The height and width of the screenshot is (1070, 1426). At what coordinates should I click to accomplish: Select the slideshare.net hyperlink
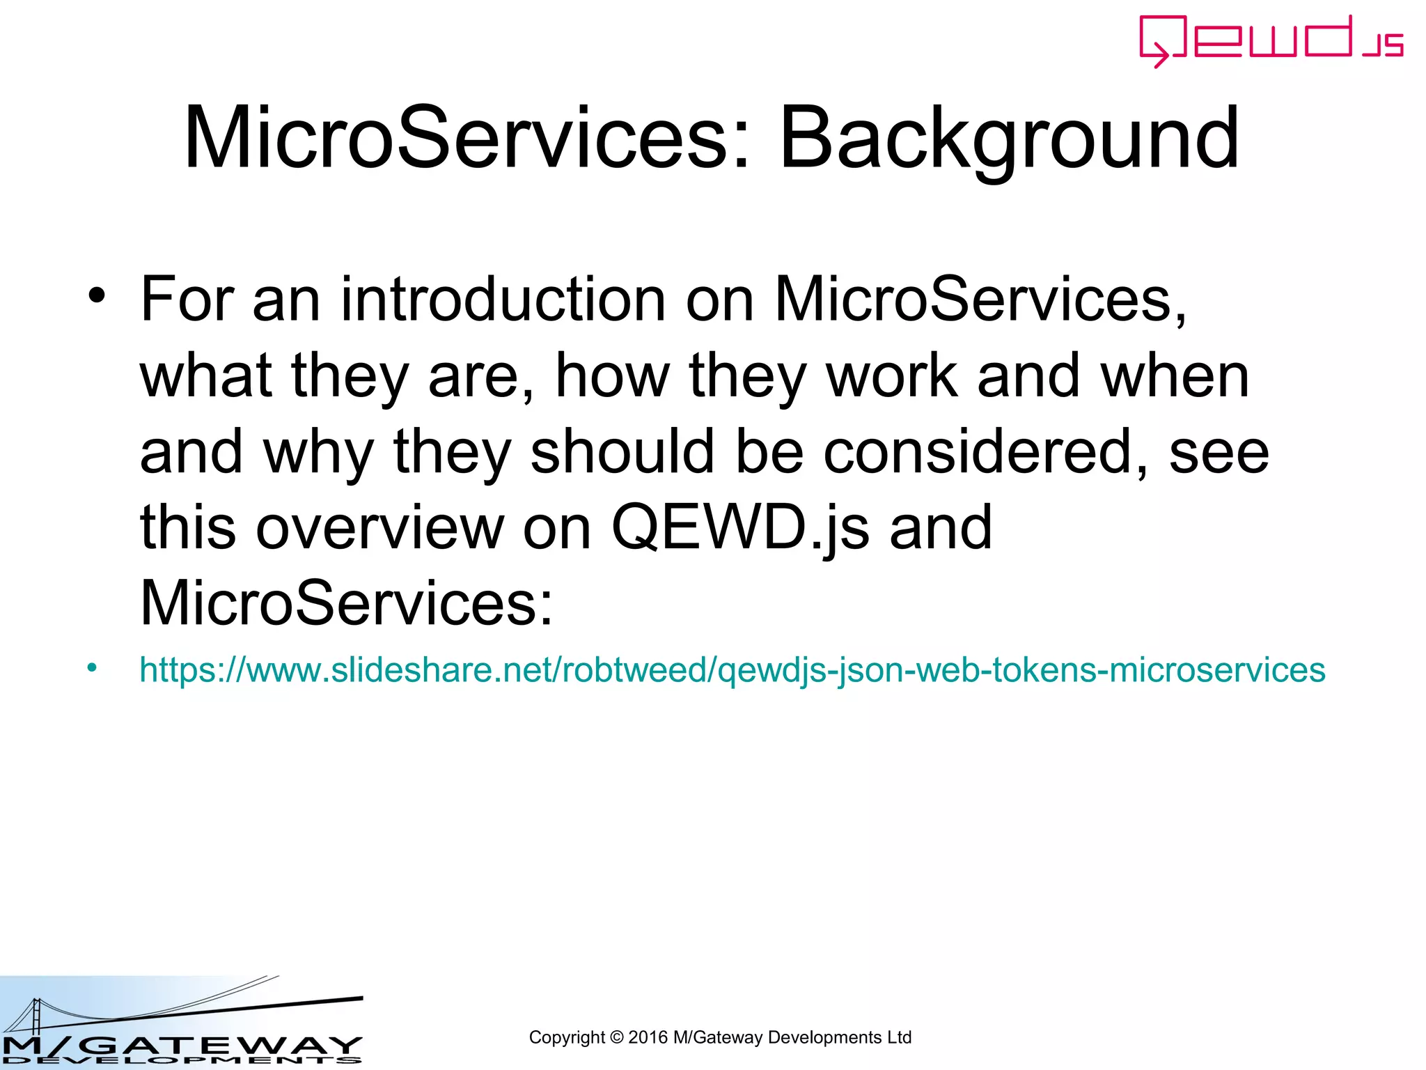pyautogui.click(x=732, y=670)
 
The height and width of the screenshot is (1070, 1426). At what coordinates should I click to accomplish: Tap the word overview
pyautogui.click(x=380, y=527)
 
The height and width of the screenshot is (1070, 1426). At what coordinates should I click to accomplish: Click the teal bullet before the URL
pyautogui.click(x=92, y=669)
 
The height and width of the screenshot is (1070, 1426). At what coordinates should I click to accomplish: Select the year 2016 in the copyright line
pyautogui.click(x=648, y=1037)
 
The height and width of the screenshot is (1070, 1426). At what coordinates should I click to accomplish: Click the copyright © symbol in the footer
pyautogui.click(x=616, y=1037)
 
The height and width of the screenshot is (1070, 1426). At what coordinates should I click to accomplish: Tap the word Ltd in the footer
pyautogui.click(x=899, y=1037)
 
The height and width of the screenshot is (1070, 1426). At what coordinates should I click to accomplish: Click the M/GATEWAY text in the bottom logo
pyautogui.click(x=181, y=1045)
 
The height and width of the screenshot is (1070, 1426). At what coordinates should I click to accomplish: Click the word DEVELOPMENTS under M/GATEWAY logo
pyautogui.click(x=181, y=1061)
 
